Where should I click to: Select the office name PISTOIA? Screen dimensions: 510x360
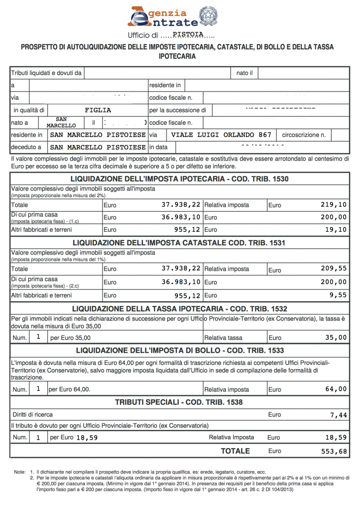tap(187, 34)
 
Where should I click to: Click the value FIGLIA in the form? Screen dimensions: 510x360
tap(98, 110)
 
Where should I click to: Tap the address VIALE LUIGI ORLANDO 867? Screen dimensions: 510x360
tap(215, 135)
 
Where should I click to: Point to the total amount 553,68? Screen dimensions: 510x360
tap(334, 451)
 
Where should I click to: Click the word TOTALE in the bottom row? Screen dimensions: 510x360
tap(235, 451)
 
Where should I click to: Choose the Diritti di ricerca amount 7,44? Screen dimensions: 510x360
tap(339, 415)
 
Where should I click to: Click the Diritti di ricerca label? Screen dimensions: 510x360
tap(32, 415)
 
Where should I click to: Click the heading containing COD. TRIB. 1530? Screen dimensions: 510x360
tap(180, 179)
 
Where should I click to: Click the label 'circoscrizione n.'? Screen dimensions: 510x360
tap(304, 135)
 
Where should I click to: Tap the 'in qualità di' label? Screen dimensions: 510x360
tap(29, 110)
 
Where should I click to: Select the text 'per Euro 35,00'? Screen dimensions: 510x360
tap(70, 337)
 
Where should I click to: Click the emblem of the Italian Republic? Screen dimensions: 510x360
tap(208, 16)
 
